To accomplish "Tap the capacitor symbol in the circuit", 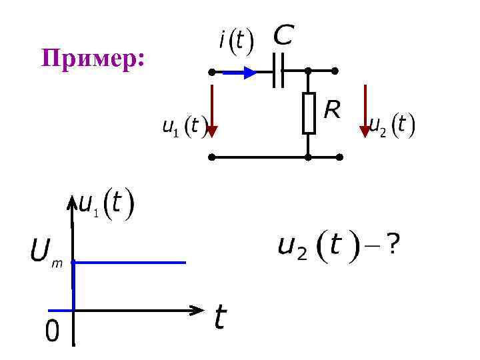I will [279, 70].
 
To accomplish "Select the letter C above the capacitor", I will [283, 35].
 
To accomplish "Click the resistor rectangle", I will [309, 113].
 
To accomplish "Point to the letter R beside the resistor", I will [331, 109].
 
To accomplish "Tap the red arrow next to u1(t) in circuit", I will [211, 111].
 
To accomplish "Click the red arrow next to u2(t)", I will [365, 111].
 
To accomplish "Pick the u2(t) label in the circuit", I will [393, 124].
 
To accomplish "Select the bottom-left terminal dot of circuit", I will [211, 158].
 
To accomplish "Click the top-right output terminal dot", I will [335, 70].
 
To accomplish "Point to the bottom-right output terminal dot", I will [339, 158].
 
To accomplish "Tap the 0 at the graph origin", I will [52, 331].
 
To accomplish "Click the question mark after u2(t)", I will [394, 247].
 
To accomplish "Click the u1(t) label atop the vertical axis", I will [107, 205].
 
